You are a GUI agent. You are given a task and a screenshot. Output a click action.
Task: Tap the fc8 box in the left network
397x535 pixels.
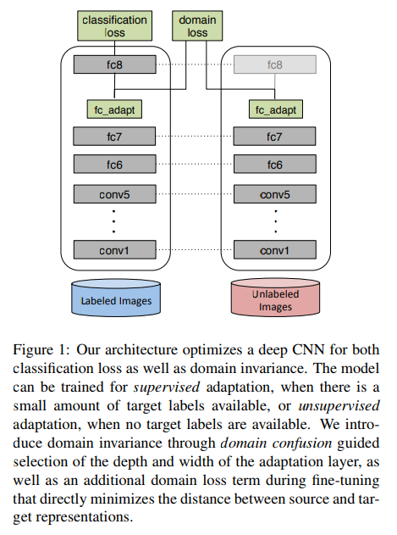coord(113,64)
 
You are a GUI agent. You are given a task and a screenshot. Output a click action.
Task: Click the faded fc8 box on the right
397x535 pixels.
coord(275,64)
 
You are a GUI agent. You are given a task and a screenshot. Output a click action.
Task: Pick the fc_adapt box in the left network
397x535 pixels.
coord(113,109)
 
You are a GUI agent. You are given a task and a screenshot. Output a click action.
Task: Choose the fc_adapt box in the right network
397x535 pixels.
coord(275,109)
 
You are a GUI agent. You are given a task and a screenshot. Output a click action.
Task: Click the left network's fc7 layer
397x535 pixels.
coord(113,137)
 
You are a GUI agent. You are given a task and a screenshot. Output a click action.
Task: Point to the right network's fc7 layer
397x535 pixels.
coord(275,137)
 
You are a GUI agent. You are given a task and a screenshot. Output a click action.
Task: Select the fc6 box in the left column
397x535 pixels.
coord(113,164)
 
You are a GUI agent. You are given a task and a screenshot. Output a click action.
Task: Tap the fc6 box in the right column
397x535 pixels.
coord(275,164)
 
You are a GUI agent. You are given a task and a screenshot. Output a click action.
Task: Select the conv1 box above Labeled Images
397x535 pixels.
coord(113,250)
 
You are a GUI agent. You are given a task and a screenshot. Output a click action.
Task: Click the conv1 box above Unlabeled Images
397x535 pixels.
coord(275,250)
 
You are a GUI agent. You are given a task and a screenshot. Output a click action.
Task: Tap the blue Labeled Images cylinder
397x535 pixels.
coord(113,298)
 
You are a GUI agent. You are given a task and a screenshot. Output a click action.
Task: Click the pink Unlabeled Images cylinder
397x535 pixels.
coord(275,299)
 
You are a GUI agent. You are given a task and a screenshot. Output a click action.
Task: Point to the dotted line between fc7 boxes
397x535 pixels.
coord(194,137)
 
